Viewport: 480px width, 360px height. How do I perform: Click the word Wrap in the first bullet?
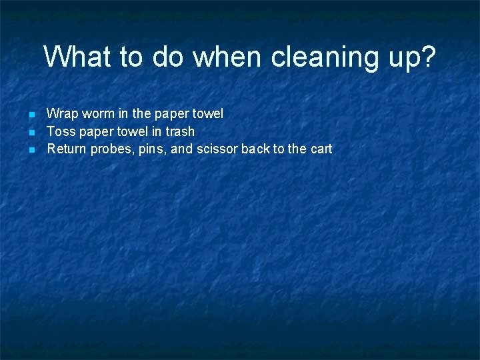click(61, 114)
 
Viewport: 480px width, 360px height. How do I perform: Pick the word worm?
click(95, 114)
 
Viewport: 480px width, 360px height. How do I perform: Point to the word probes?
click(111, 149)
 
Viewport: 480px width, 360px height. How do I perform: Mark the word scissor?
click(217, 149)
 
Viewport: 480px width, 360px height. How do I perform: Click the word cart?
click(321, 149)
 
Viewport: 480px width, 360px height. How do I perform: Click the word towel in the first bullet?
click(208, 114)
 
